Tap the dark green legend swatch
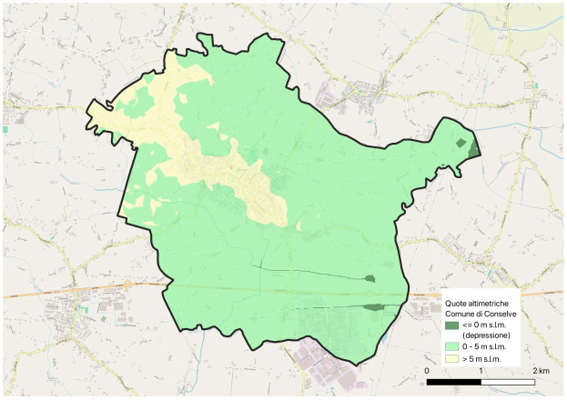(x=451, y=325)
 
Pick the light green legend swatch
(x=451, y=347)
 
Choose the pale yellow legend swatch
(x=451, y=359)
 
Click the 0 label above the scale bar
(x=428, y=372)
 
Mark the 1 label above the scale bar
(x=481, y=372)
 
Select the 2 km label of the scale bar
(x=539, y=372)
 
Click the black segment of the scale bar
(x=454, y=381)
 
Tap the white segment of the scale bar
(x=507, y=381)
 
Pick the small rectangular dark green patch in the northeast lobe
(x=461, y=143)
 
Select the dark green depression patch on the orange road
(x=373, y=306)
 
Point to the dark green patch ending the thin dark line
(x=370, y=278)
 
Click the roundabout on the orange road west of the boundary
(x=128, y=284)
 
